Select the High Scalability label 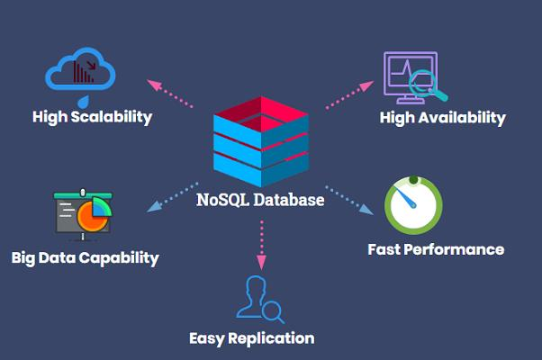[92, 117]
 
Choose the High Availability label [442, 118]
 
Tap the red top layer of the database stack [259, 116]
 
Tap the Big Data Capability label [86, 258]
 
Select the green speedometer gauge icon [412, 205]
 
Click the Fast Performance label [436, 249]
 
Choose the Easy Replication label [251, 338]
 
